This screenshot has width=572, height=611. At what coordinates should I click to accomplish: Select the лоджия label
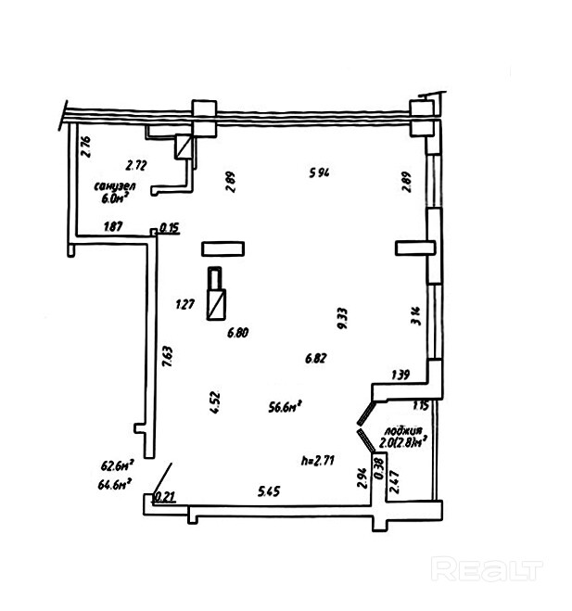407,431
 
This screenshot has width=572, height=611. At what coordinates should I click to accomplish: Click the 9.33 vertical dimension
342,319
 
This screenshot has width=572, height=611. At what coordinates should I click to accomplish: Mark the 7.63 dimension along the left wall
167,358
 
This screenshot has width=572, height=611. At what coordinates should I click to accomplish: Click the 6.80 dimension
239,332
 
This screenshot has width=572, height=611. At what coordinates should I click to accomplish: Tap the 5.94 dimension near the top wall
320,171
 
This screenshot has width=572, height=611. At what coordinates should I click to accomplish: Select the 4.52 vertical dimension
215,401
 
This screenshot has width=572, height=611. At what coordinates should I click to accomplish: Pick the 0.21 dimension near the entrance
166,497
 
